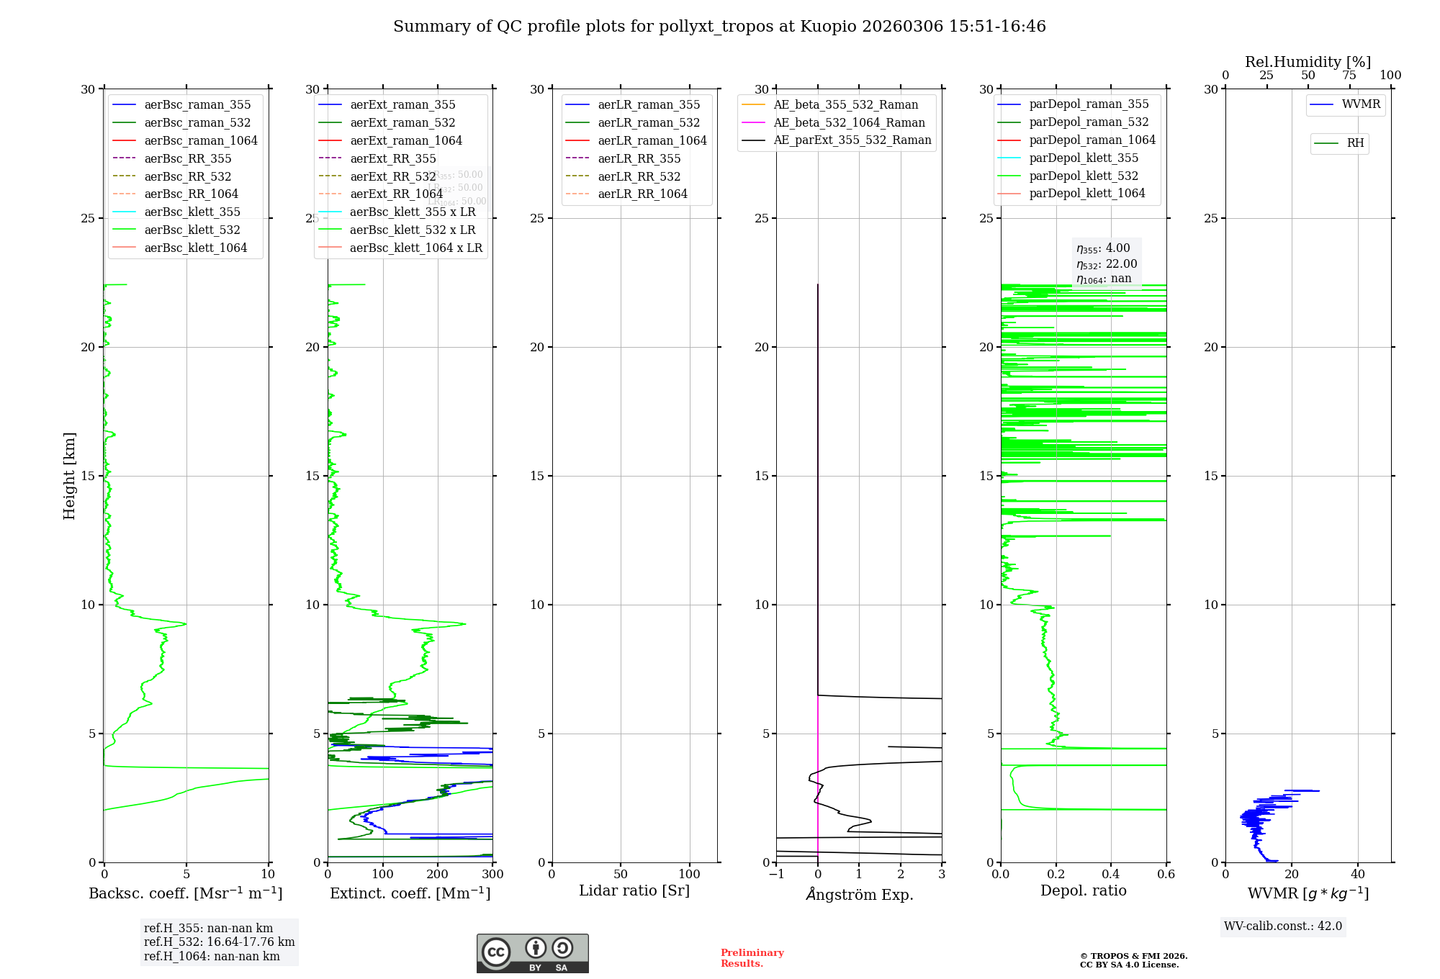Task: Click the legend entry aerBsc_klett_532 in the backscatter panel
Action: (x=192, y=230)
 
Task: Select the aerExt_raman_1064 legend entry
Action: (x=406, y=140)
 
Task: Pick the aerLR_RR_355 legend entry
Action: (x=639, y=158)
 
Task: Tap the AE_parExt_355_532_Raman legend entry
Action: (x=852, y=140)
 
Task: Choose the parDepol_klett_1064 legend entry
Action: (x=1086, y=193)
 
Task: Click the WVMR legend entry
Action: (x=1360, y=104)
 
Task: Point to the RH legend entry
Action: (x=1355, y=143)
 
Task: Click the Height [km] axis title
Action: (x=69, y=475)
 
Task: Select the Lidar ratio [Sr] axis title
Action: (x=634, y=890)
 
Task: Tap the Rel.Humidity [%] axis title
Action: (x=1308, y=62)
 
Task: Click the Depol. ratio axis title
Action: (x=1083, y=890)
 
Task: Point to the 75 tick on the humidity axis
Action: (x=1349, y=76)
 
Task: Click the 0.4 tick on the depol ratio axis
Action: (x=1111, y=875)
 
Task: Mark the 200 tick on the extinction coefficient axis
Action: (x=438, y=875)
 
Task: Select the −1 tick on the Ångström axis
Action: (x=776, y=875)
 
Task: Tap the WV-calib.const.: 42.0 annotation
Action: (x=1282, y=926)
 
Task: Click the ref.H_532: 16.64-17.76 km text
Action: (x=219, y=942)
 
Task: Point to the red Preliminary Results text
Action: (x=752, y=957)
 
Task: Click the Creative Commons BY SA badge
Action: (x=532, y=953)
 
